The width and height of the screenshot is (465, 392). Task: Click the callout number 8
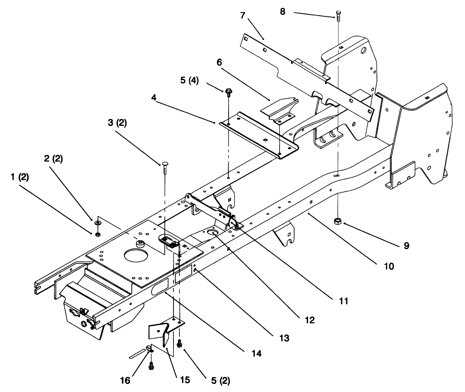pos(283,12)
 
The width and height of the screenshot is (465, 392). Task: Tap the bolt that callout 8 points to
pos(338,15)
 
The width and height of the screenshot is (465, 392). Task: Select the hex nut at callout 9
pos(337,221)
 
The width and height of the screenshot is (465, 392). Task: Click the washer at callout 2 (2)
pos(98,222)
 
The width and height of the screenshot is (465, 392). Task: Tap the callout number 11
pos(344,301)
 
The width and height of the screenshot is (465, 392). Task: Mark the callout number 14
pos(256,353)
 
